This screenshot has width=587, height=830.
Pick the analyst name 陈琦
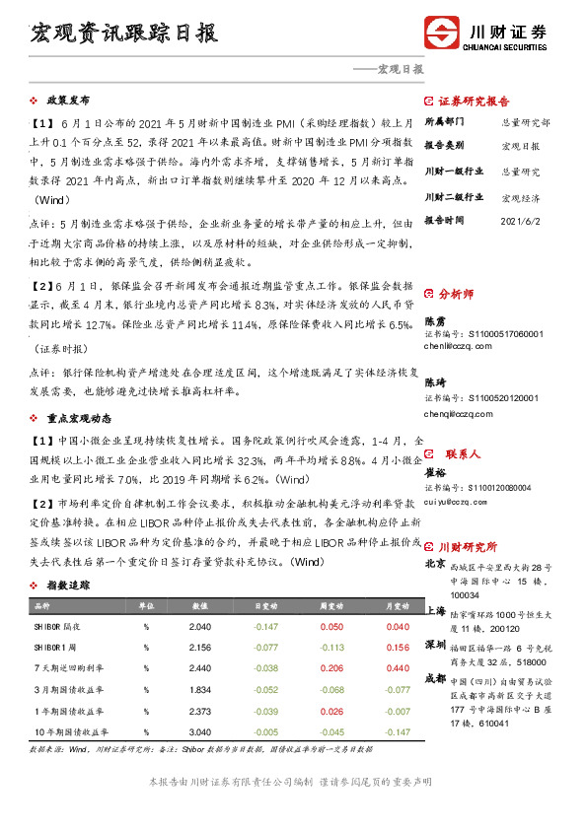coord(435,381)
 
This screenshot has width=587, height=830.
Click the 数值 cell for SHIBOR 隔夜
coord(199,626)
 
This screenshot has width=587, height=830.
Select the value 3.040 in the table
coord(199,732)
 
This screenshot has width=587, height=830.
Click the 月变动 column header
coord(398,605)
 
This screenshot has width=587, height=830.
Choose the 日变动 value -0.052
coord(265,690)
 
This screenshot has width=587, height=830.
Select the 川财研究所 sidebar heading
coord(468,546)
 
